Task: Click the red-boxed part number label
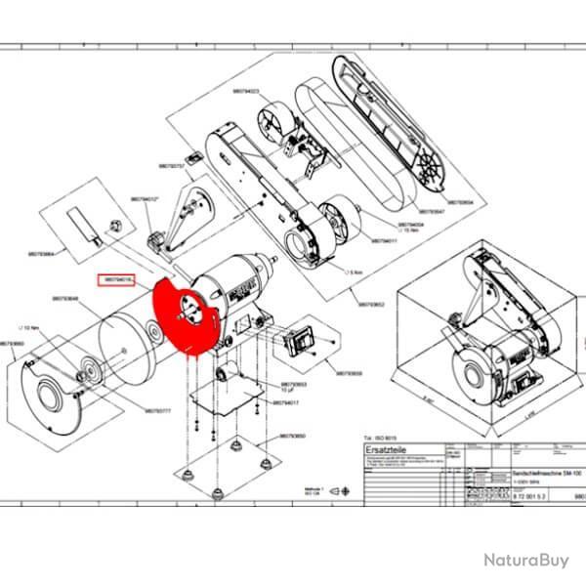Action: pos(120,279)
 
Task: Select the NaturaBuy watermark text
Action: pos(524,560)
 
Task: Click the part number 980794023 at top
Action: pos(245,91)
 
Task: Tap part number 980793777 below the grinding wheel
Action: pos(156,411)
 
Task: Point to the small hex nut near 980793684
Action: pos(113,225)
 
